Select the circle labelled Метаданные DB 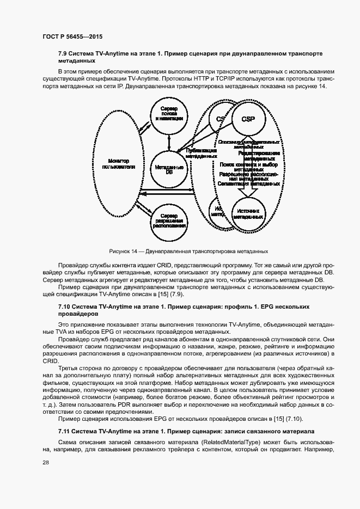[169, 169]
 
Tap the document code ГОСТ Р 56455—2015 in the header [72, 36]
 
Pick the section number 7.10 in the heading [66, 307]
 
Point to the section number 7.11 [66, 431]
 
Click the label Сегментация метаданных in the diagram [249, 184]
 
